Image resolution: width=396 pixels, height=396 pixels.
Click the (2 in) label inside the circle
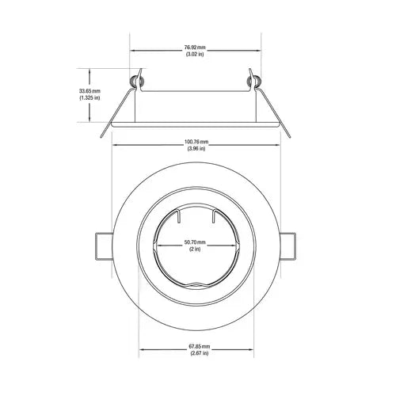pos(195,249)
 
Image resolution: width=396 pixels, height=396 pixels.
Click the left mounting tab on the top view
pos(102,245)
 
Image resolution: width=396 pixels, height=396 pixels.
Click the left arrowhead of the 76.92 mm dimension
pos(133,51)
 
